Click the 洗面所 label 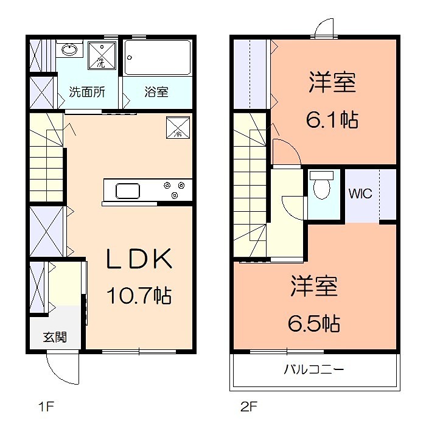tap(86, 93)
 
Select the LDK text tap(139, 260)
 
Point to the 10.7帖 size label tap(139, 296)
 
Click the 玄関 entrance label tap(54, 337)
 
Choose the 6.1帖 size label tap(332, 119)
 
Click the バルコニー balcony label tap(314, 369)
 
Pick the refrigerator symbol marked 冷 tap(178, 128)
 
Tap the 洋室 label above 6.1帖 tap(332, 83)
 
